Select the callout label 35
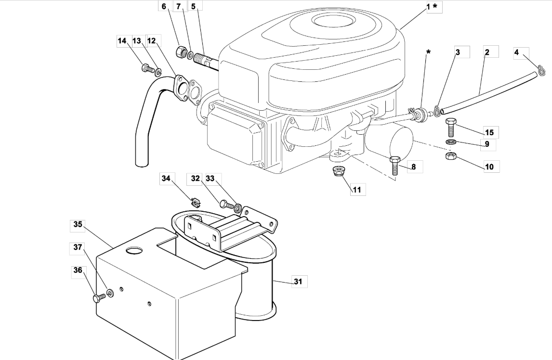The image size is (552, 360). click(x=78, y=224)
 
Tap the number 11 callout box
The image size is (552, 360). click(x=357, y=190)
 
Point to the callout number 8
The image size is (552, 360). click(x=413, y=167)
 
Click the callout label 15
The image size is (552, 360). click(x=489, y=132)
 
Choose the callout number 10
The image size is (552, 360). click(x=489, y=167)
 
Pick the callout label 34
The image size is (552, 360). click(x=166, y=179)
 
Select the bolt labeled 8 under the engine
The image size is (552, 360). click(x=394, y=165)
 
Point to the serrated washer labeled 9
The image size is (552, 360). click(x=451, y=142)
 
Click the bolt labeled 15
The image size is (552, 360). click(x=451, y=128)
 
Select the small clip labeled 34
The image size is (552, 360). click(x=196, y=202)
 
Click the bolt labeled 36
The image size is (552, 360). click(x=99, y=298)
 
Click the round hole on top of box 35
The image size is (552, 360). click(x=134, y=250)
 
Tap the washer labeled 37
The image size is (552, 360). click(x=110, y=293)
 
